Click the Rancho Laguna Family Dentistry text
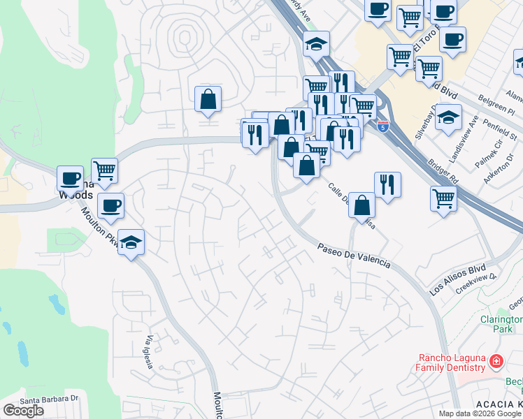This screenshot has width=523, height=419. (450, 362)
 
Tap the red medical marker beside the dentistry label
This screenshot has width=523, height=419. (496, 362)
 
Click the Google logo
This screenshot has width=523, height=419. (23, 411)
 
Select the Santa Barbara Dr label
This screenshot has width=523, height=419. (48, 400)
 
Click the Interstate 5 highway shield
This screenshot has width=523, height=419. (382, 126)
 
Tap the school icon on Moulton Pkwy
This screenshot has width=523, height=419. (131, 242)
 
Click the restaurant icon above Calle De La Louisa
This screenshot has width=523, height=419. (387, 184)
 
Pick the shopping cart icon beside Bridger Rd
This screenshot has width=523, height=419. (443, 198)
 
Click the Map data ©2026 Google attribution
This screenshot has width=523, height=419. (479, 413)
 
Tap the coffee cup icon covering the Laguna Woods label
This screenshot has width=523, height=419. (70, 177)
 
